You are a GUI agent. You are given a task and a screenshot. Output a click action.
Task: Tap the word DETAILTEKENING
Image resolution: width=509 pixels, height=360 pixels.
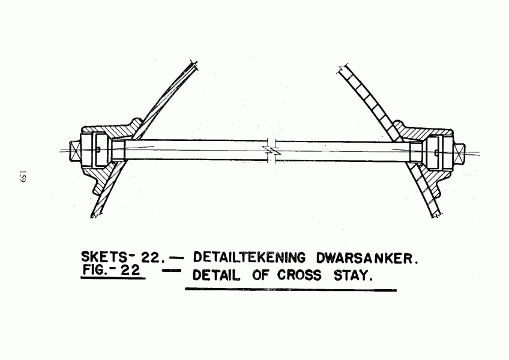click(249, 258)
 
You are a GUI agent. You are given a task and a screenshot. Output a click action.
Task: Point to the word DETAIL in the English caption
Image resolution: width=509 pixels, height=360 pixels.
click(217, 275)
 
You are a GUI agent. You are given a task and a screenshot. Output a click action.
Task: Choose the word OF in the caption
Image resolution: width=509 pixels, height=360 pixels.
click(261, 275)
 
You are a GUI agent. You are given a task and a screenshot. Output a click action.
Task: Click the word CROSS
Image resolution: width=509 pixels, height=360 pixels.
click(299, 275)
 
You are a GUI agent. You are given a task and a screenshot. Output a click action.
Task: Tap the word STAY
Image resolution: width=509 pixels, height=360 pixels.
click(352, 276)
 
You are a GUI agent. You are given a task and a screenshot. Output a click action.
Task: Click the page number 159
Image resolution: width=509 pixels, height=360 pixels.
click(22, 176)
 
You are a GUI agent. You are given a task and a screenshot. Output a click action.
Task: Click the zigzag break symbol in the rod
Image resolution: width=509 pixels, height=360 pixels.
click(271, 150)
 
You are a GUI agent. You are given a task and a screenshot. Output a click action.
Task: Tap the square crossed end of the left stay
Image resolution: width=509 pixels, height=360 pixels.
click(74, 151)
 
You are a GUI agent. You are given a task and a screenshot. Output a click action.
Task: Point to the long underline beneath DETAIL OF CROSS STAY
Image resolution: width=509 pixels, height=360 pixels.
click(291, 290)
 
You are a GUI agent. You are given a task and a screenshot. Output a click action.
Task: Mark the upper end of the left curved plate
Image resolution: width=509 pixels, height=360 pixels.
click(193, 63)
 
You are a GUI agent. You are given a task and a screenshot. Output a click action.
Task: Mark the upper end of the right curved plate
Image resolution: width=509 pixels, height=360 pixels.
click(343, 69)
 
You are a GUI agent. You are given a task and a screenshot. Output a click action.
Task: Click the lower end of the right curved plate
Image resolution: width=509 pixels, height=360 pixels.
click(436, 215)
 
